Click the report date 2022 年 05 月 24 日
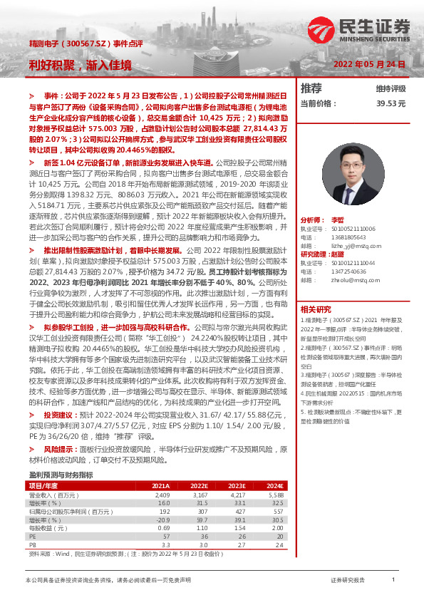pyautogui.click(x=370, y=64)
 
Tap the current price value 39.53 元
pyautogui.click(x=391, y=103)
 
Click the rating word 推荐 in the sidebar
pyautogui.click(x=311, y=88)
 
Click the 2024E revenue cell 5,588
pyautogui.click(x=274, y=494)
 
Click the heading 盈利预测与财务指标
pyautogui.click(x=61, y=474)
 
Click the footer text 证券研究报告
pyautogui.click(x=348, y=580)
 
